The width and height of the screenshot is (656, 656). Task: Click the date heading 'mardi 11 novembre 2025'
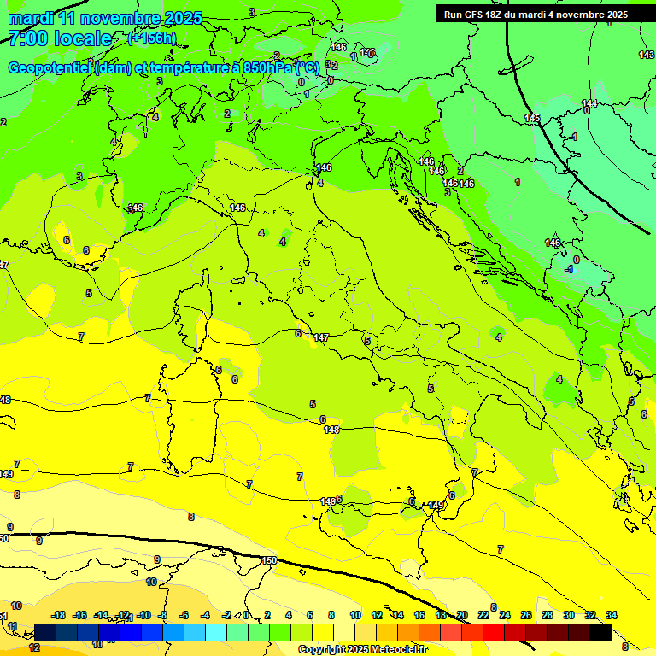point(105,18)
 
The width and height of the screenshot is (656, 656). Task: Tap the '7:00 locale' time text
point(60,38)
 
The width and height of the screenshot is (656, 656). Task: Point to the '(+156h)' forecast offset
point(151,38)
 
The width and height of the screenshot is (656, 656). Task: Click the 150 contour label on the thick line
point(269,560)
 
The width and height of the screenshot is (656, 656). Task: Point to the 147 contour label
point(321,338)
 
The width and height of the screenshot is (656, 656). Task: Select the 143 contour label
point(647,55)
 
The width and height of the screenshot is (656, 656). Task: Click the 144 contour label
point(589,103)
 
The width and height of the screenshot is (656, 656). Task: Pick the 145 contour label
point(532,118)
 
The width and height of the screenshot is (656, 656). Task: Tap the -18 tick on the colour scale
point(58,615)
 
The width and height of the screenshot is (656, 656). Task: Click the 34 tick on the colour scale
point(612,615)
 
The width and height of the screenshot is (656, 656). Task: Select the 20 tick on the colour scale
point(462,615)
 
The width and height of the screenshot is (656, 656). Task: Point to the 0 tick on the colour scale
point(246,615)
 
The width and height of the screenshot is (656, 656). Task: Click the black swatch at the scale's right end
point(600,632)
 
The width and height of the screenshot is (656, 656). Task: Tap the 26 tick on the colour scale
point(526,615)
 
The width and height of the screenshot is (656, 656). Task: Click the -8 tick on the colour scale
point(162,615)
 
